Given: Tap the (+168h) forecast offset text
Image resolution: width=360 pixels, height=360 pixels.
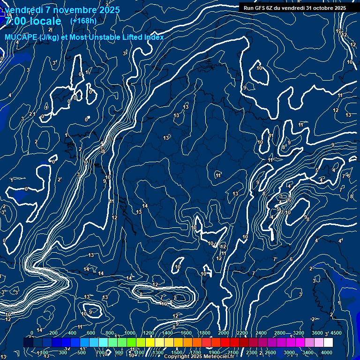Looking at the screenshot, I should coord(83,21).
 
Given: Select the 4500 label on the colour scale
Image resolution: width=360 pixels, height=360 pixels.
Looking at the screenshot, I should coord(336,333).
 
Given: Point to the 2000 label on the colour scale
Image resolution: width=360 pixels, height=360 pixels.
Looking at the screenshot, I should coord(223,333).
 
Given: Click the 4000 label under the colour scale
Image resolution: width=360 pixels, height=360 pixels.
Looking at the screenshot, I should coord(326,352).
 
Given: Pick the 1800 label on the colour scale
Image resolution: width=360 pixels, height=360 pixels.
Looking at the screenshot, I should coord(204,333).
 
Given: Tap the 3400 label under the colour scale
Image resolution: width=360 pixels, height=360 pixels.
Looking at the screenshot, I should coord(307,352).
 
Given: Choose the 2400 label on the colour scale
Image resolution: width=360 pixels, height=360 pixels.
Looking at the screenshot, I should coord(261,333).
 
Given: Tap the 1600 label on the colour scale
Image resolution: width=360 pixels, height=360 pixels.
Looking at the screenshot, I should coord(186,333).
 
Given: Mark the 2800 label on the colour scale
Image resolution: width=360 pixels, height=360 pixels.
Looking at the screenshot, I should coord(279,333).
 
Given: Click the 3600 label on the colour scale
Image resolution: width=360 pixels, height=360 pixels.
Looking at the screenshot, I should coord(317,333).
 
